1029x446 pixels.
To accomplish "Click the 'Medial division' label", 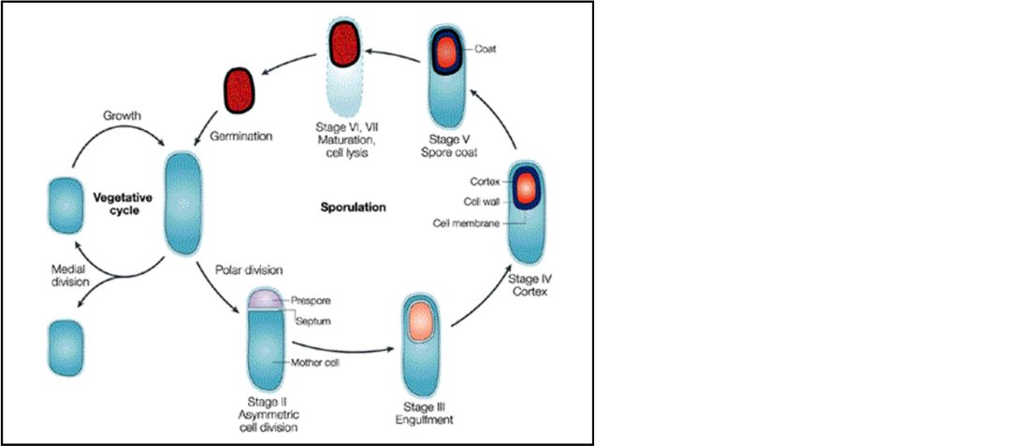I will click(68, 275).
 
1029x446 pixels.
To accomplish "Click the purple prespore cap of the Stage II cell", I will click(266, 300).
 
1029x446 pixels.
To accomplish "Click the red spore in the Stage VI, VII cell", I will click(345, 44).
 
